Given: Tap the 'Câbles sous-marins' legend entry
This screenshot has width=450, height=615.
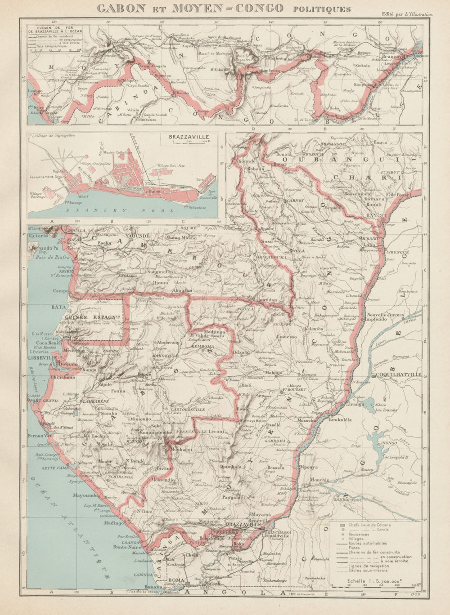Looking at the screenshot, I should [369, 571].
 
